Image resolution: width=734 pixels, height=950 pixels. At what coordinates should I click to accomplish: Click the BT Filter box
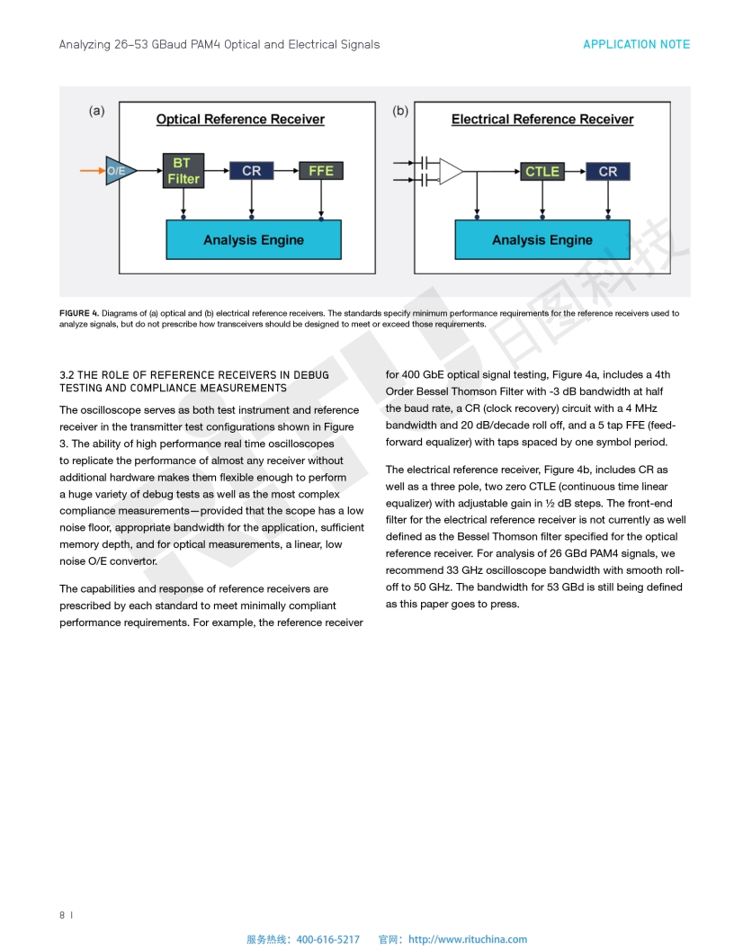(183, 171)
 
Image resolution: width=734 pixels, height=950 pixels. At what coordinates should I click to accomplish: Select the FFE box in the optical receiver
(321, 171)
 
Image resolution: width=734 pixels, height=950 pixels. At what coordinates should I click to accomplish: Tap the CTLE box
(542, 171)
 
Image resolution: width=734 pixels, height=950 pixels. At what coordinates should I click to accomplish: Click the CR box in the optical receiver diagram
(252, 171)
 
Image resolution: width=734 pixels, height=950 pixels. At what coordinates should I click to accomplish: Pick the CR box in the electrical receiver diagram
(608, 171)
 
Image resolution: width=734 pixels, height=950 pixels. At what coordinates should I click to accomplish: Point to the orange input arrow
(93, 169)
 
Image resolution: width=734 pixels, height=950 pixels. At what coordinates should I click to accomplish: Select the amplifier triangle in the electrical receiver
(451, 171)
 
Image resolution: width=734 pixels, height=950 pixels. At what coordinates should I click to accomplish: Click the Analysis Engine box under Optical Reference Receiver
(254, 240)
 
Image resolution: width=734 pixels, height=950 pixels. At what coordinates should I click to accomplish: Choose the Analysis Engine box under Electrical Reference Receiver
(542, 240)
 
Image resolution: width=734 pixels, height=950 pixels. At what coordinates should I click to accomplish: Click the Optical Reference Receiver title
(240, 120)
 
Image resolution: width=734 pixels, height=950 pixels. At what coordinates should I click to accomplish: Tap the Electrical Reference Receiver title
(542, 120)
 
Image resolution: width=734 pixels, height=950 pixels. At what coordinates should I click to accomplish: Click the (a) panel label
(96, 112)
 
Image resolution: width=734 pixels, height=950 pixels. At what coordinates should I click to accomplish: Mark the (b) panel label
(400, 112)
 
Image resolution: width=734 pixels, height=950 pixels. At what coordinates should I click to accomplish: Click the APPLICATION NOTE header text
(636, 44)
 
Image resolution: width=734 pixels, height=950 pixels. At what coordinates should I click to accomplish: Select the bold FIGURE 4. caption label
(79, 313)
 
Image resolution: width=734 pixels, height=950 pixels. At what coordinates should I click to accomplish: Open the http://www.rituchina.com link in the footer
(468, 939)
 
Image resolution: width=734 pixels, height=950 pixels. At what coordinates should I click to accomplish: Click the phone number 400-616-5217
(327, 939)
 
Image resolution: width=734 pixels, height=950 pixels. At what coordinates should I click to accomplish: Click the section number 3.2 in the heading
(67, 375)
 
